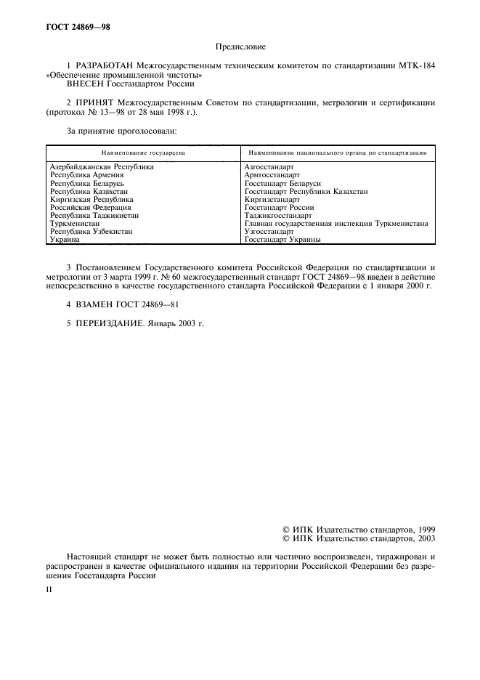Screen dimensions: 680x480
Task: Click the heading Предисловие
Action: pos(240,47)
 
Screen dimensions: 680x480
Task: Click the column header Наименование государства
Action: pos(143,153)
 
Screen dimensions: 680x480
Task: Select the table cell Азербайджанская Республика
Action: pos(102,166)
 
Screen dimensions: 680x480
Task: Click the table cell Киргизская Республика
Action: pos(91,199)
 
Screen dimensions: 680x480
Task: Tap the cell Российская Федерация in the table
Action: pos(90,207)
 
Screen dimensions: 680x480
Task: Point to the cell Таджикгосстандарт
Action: pos(278,215)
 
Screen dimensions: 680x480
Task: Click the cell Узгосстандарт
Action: pos(269,231)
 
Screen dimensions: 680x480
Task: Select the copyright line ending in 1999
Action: pos(358,530)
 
